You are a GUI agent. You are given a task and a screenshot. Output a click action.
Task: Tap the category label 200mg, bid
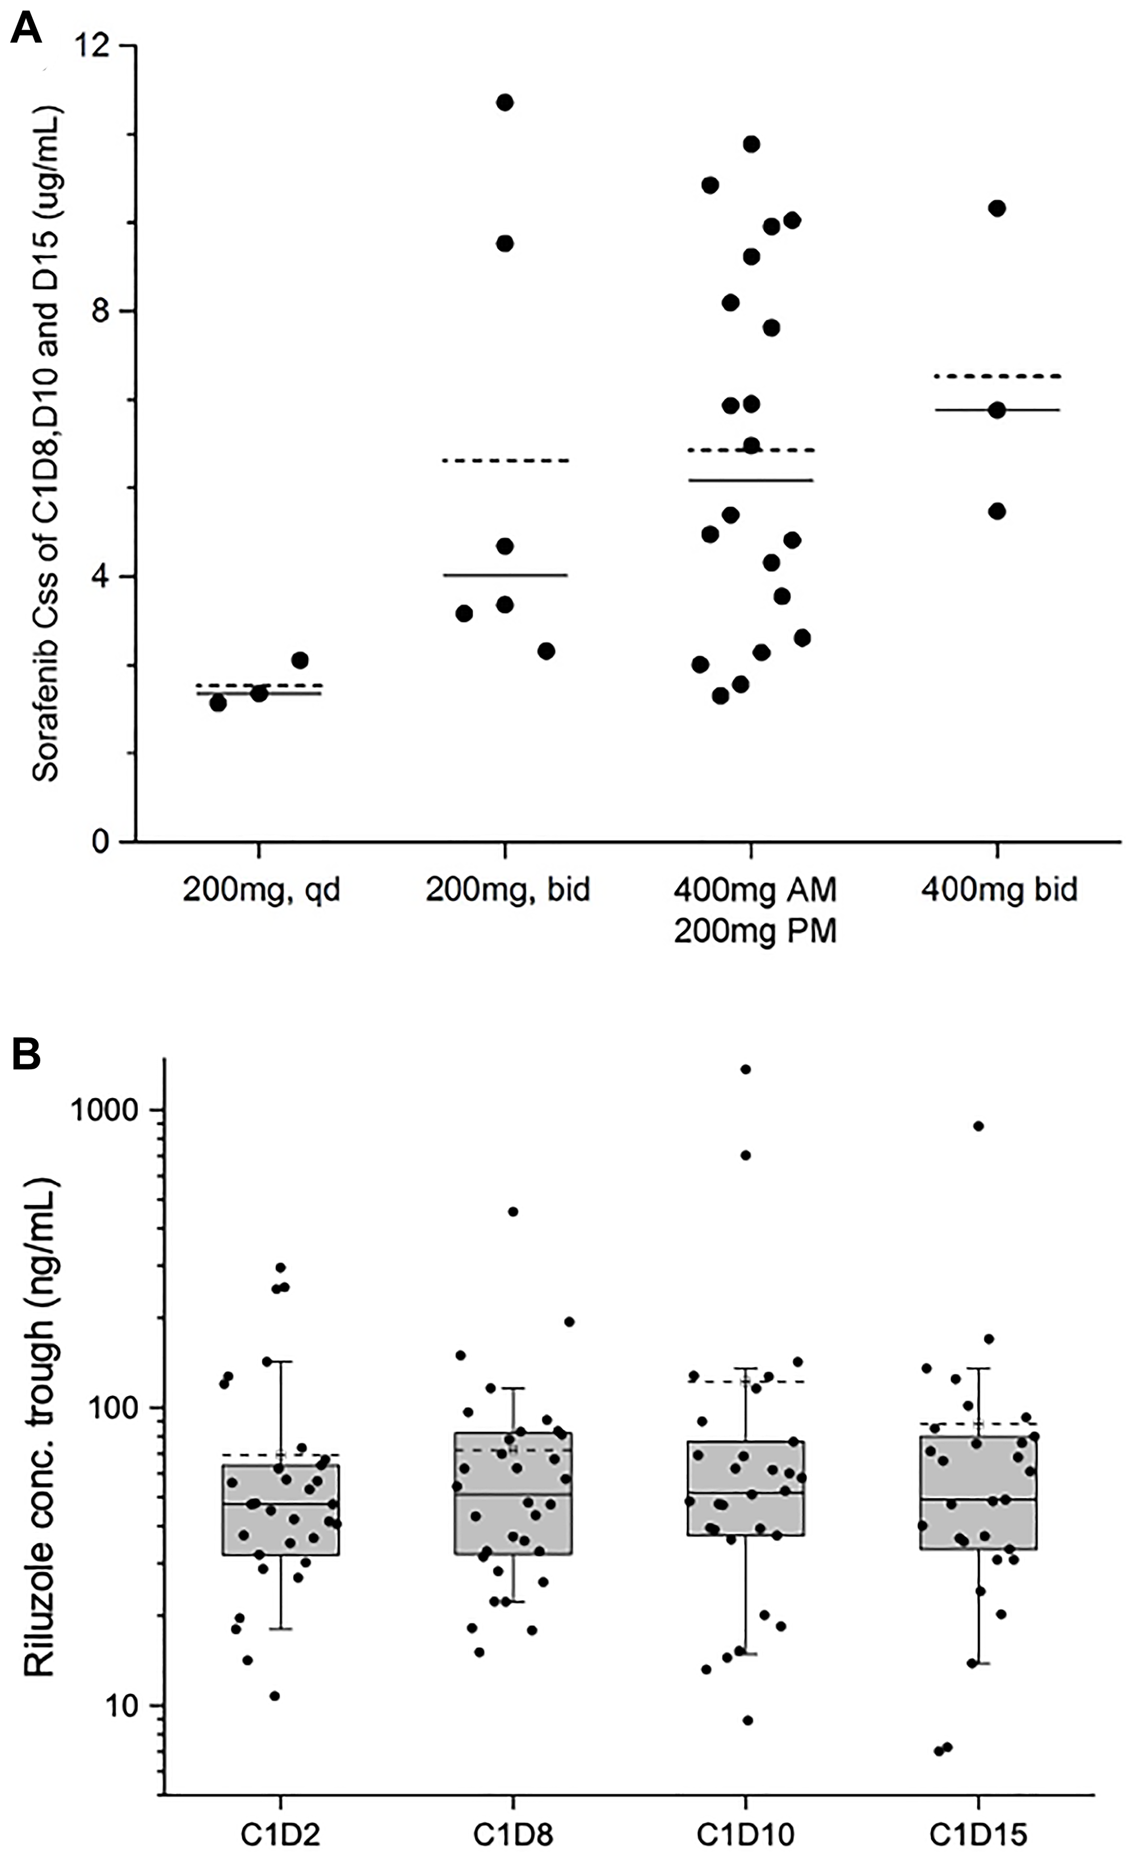click(x=507, y=890)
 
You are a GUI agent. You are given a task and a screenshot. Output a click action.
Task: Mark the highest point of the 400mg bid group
click(x=997, y=209)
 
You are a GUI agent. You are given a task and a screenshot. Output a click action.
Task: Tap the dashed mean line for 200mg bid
click(x=505, y=460)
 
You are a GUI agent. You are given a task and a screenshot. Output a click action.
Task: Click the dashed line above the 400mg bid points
click(x=997, y=375)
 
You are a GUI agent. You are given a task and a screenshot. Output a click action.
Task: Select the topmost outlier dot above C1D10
click(x=745, y=1069)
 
